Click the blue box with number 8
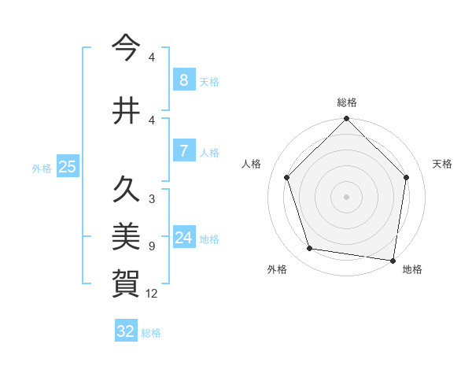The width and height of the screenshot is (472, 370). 183,80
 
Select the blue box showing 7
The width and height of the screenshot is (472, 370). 183,151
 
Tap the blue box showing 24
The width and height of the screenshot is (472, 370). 183,238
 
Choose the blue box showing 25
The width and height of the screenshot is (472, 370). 67,167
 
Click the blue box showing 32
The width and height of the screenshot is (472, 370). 126,331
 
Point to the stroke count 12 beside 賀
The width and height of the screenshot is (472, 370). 152,294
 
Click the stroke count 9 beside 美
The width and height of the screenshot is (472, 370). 152,246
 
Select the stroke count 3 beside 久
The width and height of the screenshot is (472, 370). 152,199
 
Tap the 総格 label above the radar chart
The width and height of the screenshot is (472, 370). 346,102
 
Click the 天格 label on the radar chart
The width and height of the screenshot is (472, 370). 442,164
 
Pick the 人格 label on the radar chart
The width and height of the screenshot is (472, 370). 252,164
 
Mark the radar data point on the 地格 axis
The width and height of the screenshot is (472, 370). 393,260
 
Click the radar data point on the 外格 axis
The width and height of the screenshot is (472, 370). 310,249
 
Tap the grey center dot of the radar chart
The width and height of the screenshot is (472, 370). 346,196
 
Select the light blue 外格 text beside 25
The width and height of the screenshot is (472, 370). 42,168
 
